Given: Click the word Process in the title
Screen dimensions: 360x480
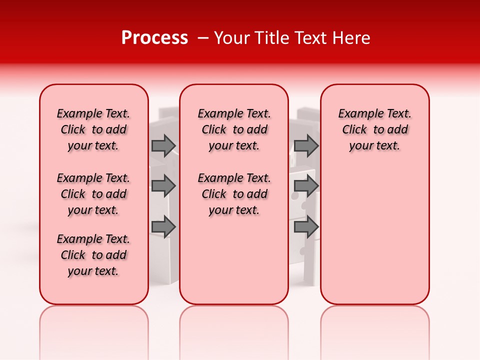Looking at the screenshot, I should point(154,38).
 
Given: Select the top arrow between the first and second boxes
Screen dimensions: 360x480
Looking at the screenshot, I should point(163,145).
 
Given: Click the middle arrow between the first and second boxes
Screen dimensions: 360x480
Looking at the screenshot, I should point(163,186).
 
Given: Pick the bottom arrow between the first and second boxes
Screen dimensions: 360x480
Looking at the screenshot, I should point(163,227).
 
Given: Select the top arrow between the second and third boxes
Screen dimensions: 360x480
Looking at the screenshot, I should point(306,145).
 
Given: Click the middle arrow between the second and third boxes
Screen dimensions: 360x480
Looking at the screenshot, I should point(306,186).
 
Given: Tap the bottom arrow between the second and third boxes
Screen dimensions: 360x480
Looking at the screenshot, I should point(306,227).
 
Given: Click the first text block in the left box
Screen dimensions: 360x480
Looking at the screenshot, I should point(93,129).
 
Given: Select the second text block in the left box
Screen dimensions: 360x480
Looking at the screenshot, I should point(93,194).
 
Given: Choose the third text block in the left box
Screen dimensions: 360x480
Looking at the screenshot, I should point(93,255).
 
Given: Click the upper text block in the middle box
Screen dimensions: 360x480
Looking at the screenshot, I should point(234,129).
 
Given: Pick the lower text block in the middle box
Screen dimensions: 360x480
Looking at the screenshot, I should point(234,194).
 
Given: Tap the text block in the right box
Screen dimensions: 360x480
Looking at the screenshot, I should point(374,129).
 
